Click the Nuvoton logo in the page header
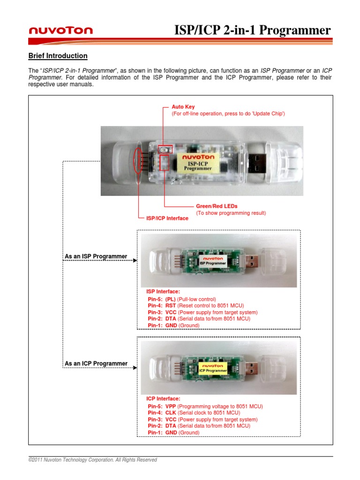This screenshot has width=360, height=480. click(x=61, y=31)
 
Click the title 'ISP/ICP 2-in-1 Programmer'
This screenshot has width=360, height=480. click(x=253, y=30)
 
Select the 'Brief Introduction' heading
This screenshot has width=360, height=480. click(x=58, y=56)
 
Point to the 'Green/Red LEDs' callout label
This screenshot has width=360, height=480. click(x=217, y=206)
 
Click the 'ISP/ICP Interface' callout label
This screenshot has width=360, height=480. click(x=167, y=218)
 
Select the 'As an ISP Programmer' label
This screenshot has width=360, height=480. click(x=96, y=256)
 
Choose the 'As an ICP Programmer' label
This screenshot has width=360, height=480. click(x=96, y=363)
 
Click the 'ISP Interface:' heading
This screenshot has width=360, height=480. click(x=163, y=292)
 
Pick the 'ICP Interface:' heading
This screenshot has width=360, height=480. click(x=163, y=398)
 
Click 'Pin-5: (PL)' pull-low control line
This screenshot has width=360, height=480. click(x=181, y=299)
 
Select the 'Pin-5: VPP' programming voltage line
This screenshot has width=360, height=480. click(x=205, y=406)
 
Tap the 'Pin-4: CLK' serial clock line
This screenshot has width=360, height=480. click(x=194, y=413)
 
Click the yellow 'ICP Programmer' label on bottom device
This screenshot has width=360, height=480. click(x=213, y=367)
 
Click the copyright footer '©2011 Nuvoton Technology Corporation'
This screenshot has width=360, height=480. click(x=93, y=460)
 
